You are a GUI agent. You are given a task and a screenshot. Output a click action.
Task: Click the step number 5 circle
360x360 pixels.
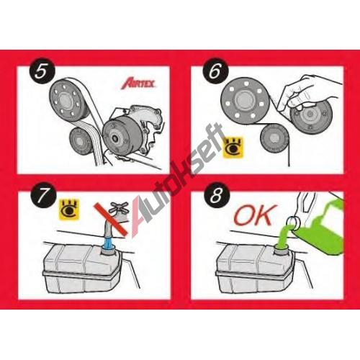(x=42, y=71)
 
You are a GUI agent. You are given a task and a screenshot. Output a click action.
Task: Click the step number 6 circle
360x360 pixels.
(x=215, y=71)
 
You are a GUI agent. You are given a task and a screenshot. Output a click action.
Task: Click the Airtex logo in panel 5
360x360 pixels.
(x=139, y=84)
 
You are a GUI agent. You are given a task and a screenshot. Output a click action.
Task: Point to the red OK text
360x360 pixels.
(x=255, y=215)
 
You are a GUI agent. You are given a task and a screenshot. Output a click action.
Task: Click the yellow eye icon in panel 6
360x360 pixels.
(x=233, y=148)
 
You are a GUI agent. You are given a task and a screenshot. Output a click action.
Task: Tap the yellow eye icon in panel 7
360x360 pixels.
(x=69, y=209)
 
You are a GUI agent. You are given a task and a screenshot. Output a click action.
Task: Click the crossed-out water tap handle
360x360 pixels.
(x=119, y=208)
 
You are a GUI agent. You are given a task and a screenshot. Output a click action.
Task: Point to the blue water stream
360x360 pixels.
(x=108, y=243)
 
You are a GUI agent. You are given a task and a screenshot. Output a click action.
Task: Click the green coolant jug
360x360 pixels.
(x=319, y=227)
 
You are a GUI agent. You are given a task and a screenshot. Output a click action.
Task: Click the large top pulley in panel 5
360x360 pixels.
(x=69, y=100)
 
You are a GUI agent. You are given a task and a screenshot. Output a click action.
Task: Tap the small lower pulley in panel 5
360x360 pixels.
(x=81, y=142)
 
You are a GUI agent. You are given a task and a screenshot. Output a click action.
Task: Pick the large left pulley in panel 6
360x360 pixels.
(x=246, y=101)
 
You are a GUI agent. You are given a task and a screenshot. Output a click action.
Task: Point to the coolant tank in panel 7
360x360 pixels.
(x=82, y=269)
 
